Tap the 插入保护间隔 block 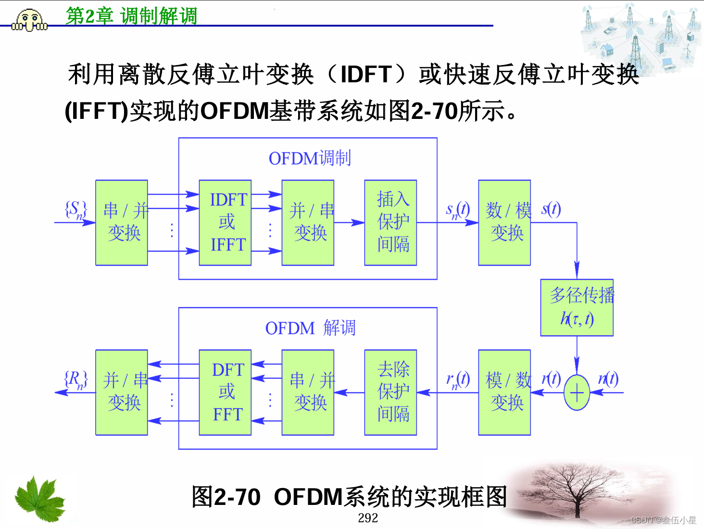tap(390, 223)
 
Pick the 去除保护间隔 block tap(390, 392)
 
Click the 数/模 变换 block tap(504, 223)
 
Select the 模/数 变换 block tap(504, 392)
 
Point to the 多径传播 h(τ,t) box tap(577, 308)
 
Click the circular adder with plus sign tap(577, 393)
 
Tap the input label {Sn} tap(76, 210)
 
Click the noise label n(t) tap(608, 379)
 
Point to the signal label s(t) tap(551, 209)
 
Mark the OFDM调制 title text tap(310, 158)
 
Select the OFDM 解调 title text tap(310, 328)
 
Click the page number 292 tap(368, 518)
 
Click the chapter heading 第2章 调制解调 tap(131, 16)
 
